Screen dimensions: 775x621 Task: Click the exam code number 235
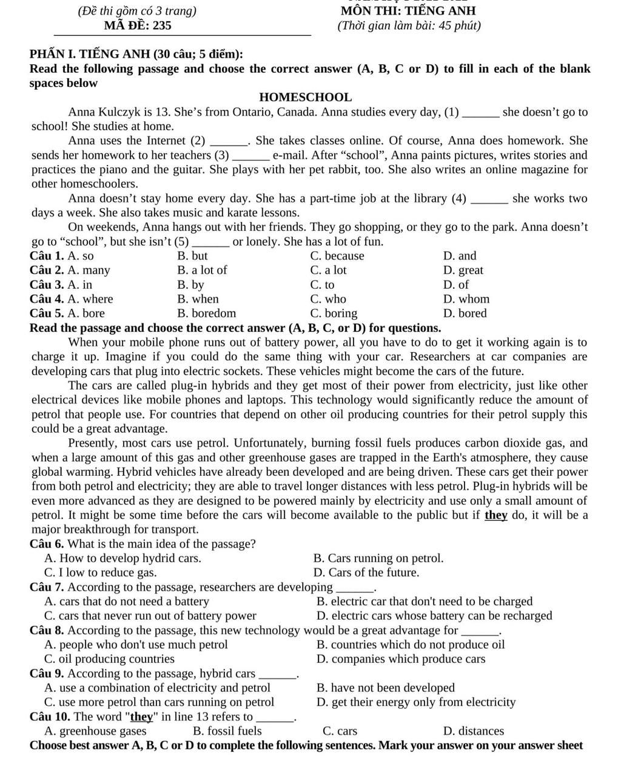[x=161, y=25]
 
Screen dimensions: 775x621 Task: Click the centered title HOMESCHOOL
[x=305, y=97]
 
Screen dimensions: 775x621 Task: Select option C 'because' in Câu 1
[x=337, y=256]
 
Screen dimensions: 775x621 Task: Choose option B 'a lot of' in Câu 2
[x=202, y=270]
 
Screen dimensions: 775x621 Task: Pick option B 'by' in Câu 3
[x=190, y=285]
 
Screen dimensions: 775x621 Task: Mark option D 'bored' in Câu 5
[x=465, y=313]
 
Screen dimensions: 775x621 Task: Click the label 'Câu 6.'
[x=47, y=544]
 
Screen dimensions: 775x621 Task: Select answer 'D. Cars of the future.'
[x=366, y=572]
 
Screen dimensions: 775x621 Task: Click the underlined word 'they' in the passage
[x=496, y=515]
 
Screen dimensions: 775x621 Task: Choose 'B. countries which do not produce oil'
[x=411, y=645]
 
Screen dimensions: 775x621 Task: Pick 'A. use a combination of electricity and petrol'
[x=158, y=688]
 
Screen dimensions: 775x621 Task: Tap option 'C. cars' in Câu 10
[x=340, y=731]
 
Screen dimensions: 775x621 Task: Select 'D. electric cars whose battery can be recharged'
[x=434, y=615]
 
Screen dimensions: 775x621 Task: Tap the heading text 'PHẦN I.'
[x=53, y=54]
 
